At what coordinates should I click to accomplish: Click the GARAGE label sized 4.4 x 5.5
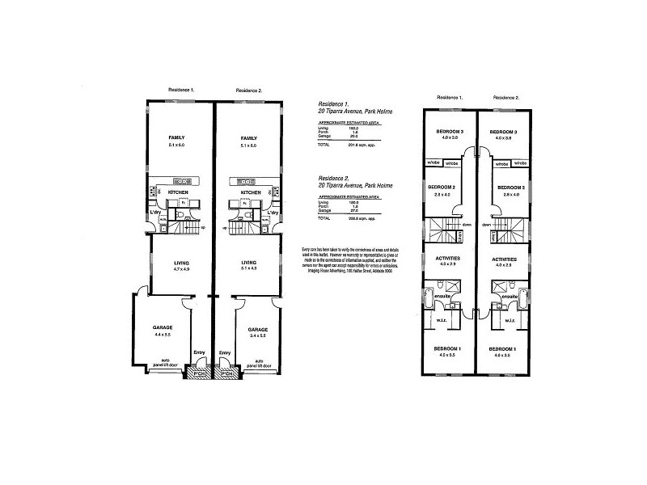[163, 327]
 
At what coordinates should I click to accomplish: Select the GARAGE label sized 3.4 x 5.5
[258, 330]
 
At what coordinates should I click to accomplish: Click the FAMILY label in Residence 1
[176, 137]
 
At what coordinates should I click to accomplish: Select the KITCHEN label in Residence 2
[248, 192]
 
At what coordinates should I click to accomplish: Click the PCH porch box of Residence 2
[229, 374]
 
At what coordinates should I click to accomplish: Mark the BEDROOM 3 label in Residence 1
[449, 131]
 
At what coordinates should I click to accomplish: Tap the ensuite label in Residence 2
[508, 297]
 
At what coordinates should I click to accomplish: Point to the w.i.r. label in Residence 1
[442, 320]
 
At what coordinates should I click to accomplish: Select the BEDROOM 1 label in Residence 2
[504, 347]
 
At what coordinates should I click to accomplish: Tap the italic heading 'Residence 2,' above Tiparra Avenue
[334, 177]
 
